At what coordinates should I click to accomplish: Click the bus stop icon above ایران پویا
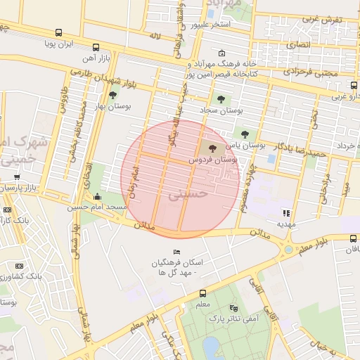click(x=58, y=32)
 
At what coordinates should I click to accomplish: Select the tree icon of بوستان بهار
click(x=112, y=95)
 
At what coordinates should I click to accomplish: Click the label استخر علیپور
click(x=212, y=25)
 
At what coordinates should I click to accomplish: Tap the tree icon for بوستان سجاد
click(x=221, y=99)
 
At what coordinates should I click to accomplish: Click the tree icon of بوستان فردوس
click(x=213, y=148)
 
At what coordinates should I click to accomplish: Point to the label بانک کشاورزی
click(x=41, y=276)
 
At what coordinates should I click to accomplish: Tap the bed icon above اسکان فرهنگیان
click(x=177, y=252)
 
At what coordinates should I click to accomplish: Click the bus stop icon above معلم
click(x=202, y=293)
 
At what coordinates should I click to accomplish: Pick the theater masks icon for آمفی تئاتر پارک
click(x=234, y=308)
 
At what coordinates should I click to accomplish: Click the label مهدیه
click(x=285, y=224)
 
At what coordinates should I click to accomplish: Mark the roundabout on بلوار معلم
click(x=288, y=249)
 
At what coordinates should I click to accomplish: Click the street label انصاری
click(x=301, y=45)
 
